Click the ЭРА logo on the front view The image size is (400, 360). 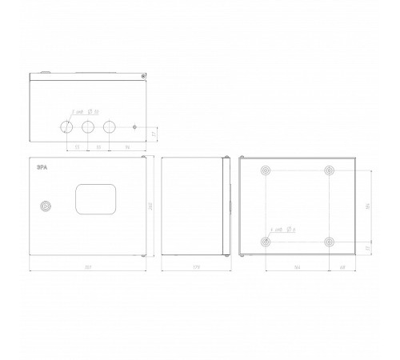pos(41,168)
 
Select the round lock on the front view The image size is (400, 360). pos(46,206)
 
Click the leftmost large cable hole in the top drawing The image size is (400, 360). pos(66,127)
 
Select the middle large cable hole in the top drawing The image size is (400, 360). pos(88,127)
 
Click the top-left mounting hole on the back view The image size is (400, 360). pos(266,171)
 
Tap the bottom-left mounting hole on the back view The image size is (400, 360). pos(266,242)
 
